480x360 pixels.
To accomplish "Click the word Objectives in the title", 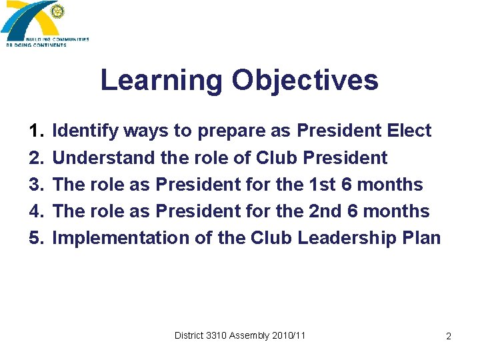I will pyautogui.click(x=305, y=81).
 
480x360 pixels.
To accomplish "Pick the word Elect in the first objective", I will pyautogui.click(x=409, y=131).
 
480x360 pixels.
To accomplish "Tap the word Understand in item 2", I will pyautogui.click(x=104, y=158).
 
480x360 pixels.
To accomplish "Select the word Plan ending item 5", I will pyautogui.click(x=422, y=238).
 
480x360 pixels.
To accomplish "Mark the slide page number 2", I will pyautogui.click(x=449, y=337).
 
